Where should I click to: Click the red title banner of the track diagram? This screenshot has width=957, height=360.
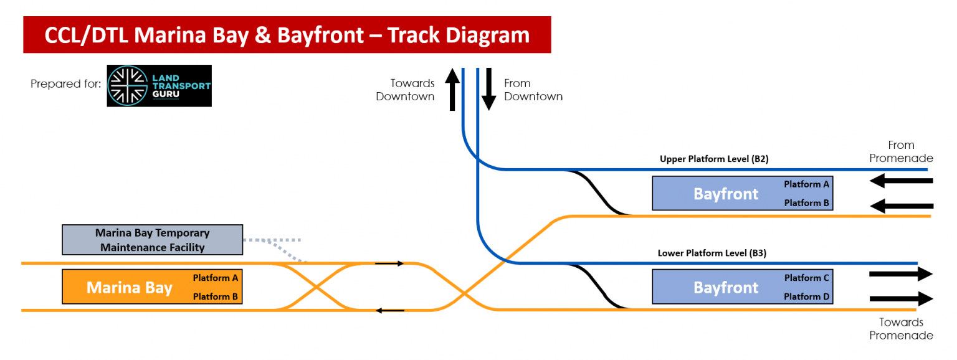(287, 35)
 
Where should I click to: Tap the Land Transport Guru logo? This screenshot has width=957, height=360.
(159, 86)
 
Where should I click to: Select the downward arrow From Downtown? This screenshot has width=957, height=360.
(488, 88)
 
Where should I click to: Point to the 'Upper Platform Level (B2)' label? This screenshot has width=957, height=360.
(714, 159)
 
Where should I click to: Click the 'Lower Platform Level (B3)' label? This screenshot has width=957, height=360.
(712, 253)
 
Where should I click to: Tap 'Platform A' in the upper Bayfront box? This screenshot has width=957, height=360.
(807, 184)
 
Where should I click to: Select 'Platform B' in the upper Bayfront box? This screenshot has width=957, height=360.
(807, 203)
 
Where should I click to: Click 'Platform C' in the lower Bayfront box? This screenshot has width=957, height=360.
(807, 278)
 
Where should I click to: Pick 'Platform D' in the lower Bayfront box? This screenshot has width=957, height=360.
(807, 297)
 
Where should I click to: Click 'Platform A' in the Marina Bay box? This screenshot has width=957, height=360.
(215, 278)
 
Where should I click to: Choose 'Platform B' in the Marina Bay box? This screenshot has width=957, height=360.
(215, 297)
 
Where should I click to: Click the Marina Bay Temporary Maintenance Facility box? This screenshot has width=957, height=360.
(152, 240)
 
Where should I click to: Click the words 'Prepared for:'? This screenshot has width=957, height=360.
(65, 83)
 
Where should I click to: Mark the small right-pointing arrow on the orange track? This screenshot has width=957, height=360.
(389, 263)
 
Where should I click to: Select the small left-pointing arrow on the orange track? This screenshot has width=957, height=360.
(389, 310)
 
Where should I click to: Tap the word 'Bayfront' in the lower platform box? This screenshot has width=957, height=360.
(726, 288)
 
